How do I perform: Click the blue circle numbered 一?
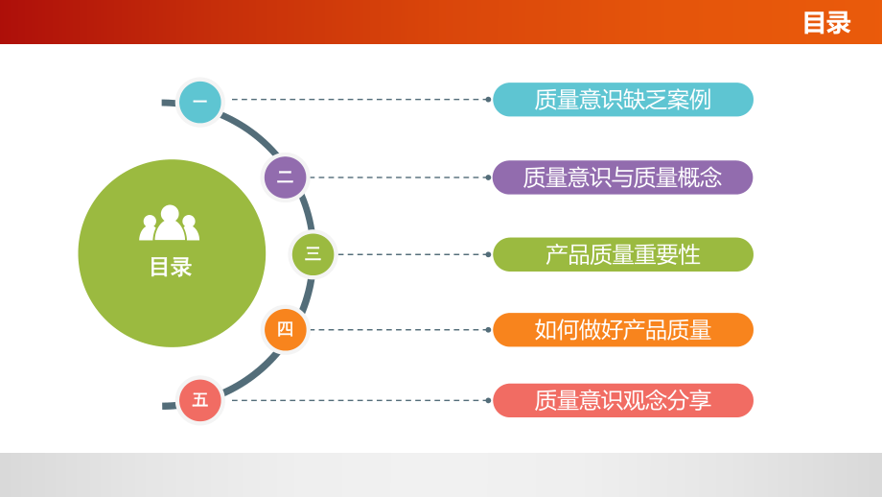(x=199, y=102)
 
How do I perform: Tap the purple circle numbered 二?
(x=285, y=177)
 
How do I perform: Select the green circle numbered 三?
(x=313, y=254)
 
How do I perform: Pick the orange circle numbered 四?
(x=285, y=329)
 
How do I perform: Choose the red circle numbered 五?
(x=199, y=400)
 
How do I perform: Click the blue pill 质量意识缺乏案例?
(x=623, y=100)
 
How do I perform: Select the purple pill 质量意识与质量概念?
(x=623, y=177)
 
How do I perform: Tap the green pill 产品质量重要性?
(x=623, y=254)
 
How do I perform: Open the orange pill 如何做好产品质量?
(x=623, y=330)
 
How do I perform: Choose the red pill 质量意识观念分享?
(x=623, y=400)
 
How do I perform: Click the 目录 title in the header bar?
(x=826, y=23)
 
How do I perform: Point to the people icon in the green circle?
(x=170, y=223)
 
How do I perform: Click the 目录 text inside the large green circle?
(x=171, y=267)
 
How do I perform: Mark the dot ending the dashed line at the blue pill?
(x=488, y=100)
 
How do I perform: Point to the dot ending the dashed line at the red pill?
(x=488, y=400)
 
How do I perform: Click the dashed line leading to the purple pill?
(x=398, y=177)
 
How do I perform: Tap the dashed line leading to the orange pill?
(x=398, y=330)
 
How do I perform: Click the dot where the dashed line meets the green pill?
(x=488, y=254)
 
